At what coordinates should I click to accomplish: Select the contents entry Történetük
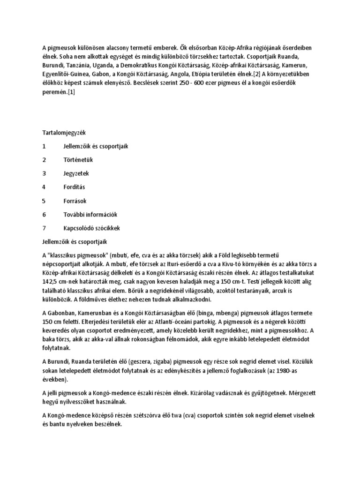[x=78, y=160]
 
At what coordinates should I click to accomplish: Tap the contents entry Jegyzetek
[x=76, y=173]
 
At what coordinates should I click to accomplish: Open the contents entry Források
[x=75, y=201]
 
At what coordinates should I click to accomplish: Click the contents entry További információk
[x=90, y=214]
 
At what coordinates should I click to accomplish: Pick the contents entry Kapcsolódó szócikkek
[x=92, y=228]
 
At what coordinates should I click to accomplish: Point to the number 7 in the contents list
[x=44, y=228]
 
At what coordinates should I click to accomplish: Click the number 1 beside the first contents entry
[x=44, y=146]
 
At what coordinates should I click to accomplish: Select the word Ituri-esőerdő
[x=162, y=263]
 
